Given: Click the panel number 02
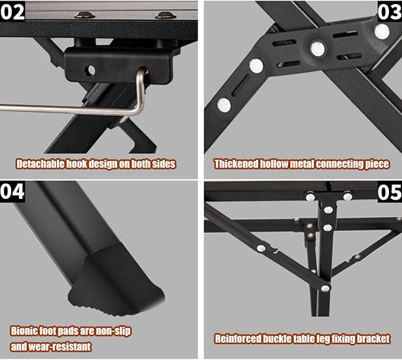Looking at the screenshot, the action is [12, 11].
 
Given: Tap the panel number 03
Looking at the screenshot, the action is [390, 12].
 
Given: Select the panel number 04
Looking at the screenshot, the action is [12, 191].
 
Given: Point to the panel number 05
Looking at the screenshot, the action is [390, 192].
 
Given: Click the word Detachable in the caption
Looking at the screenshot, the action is [40, 164].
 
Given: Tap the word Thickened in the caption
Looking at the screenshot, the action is [236, 164].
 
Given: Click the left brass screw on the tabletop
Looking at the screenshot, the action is [85, 15].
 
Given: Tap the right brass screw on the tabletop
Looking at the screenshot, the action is [166, 15].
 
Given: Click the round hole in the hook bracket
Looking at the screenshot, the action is [90, 70].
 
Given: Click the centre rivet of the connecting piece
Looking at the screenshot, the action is [318, 48].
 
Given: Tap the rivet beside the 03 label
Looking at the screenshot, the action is [382, 31].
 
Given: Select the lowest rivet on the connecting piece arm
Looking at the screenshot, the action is [224, 105].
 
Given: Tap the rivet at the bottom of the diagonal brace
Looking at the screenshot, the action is [325, 288].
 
